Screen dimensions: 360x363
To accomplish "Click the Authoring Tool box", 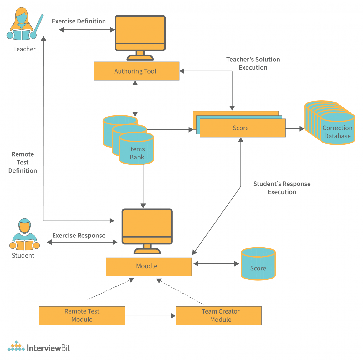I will click(136, 71).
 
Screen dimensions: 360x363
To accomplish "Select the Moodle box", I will click(149, 267).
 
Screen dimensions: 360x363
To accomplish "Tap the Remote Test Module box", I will click(82, 316).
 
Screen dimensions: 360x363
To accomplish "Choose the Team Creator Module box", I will click(219, 316).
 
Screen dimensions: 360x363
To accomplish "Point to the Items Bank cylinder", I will click(137, 150).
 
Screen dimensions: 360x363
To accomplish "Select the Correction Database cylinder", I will click(337, 130).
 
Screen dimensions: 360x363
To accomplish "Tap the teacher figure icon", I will click(23, 25).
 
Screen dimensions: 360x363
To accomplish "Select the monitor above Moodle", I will click(147, 229).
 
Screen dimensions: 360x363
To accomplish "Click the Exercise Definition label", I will click(79, 21).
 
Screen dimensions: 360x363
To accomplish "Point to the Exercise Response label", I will click(79, 236).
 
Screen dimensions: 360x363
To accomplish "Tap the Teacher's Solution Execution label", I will click(253, 63).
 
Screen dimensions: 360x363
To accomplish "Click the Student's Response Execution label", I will click(282, 188).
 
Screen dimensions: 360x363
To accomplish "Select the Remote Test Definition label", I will click(23, 162).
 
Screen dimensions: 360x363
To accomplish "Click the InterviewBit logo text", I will click(48, 348).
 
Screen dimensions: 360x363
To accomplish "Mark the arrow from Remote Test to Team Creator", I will click(150, 316).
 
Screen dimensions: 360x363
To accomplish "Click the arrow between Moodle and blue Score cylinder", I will click(216, 264).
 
